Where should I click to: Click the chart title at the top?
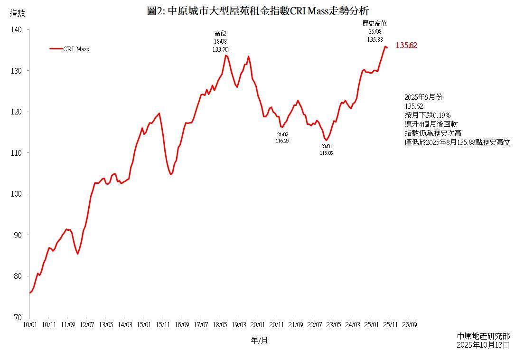click(258, 11)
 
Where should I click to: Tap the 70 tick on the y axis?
click(18, 317)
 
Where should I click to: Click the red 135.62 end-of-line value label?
click(406, 46)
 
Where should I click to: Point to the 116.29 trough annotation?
click(282, 141)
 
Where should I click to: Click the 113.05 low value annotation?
click(327, 153)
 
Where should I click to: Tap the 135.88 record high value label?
click(375, 39)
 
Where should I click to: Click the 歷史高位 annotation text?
click(375, 23)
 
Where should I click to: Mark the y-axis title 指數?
click(17, 14)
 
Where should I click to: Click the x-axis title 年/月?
click(259, 341)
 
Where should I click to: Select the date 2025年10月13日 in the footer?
click(483, 345)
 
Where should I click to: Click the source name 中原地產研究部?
click(483, 336)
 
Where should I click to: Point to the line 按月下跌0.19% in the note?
click(427, 115)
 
